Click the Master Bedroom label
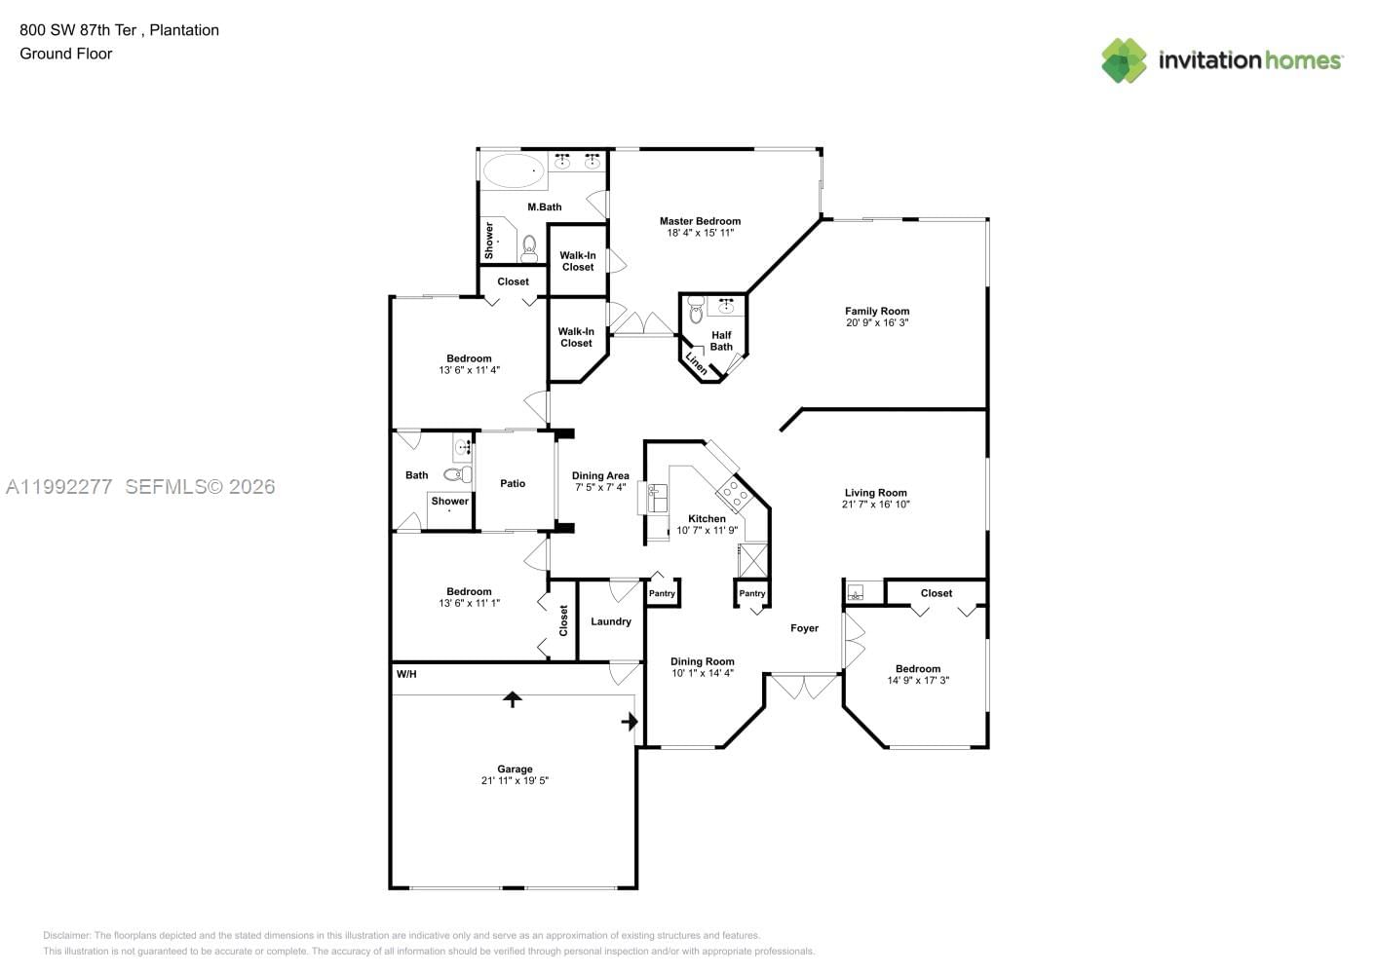(700, 221)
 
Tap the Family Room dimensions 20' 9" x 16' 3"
(877, 323)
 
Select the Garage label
(515, 768)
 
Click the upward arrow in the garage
(512, 698)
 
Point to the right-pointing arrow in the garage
(630, 722)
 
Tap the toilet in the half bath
(696, 312)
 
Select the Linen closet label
(697, 362)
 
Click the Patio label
(513, 483)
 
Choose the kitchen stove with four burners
(733, 494)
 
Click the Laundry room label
(611, 621)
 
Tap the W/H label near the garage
(405, 674)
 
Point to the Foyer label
(804, 628)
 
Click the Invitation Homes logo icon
(1124, 60)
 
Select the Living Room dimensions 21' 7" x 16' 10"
(876, 505)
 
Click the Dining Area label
(600, 475)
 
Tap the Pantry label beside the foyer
(752, 593)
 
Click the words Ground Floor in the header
(66, 54)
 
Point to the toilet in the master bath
(529, 248)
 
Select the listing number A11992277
(59, 486)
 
